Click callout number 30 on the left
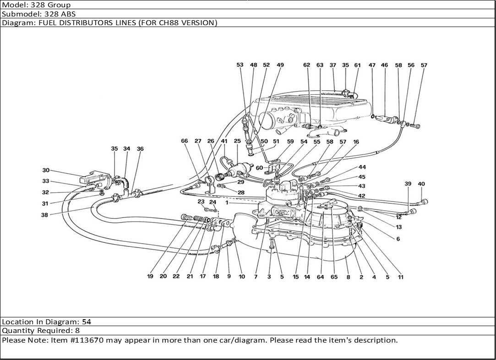click(46, 170)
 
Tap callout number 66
click(184, 141)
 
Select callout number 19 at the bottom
click(150, 277)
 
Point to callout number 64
click(320, 277)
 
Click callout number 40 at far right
click(421, 184)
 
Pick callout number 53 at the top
click(240, 65)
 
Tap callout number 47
click(372, 65)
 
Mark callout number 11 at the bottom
click(400, 277)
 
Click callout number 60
click(259, 168)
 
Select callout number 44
click(362, 168)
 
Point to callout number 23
click(201, 202)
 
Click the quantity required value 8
click(77, 331)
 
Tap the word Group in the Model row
click(61, 5)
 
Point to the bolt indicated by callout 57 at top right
click(415, 125)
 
